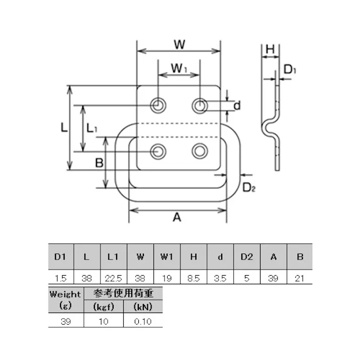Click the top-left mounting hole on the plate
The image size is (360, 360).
coord(159,105)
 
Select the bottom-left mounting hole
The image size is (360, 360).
coord(159,151)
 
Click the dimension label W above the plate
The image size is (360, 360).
coord(179,44)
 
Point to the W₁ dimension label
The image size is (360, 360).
coord(178,67)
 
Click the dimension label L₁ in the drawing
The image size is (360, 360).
coord(92,128)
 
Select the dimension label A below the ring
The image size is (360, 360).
coord(177,217)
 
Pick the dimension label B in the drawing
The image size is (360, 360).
coord(99,163)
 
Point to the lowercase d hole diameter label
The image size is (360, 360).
coord(237,106)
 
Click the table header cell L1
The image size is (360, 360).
coord(114,257)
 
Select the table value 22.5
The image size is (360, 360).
coord(114,278)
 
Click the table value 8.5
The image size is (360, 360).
coord(193,278)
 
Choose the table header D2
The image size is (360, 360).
coord(246,257)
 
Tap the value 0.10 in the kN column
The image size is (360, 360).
coord(143,321)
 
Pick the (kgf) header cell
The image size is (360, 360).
coord(104,306)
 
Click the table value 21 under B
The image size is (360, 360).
coord(300,278)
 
